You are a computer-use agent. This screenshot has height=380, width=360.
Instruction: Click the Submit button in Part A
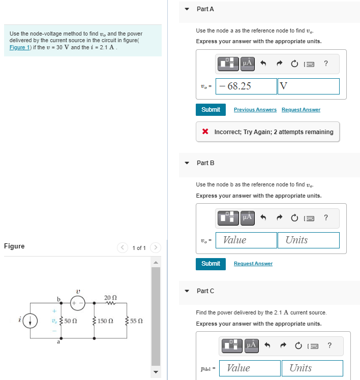pos(211,110)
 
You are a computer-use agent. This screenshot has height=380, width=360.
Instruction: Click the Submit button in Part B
pos(211,264)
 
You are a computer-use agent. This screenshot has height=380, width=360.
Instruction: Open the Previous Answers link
pos(255,110)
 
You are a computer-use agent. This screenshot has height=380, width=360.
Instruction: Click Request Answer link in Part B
pos(253,264)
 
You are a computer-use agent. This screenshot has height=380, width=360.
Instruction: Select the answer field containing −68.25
pos(246,86)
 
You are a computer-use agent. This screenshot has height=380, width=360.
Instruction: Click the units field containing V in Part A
pos(308,86)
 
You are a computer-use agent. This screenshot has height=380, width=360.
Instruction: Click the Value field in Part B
pos(246,240)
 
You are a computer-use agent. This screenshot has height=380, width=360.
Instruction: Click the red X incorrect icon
pos(205,132)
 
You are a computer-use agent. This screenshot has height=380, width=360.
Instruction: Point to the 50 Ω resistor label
pos(71,322)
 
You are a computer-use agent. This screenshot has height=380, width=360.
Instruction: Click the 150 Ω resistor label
pos(105,322)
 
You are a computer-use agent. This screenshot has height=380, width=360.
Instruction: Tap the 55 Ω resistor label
pos(136,322)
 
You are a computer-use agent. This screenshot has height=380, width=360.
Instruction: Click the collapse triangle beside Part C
pos(187,291)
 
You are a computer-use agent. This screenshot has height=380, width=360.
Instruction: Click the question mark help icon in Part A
pos(326,63)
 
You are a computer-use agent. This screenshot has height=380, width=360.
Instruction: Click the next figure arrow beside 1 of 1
pos(157,248)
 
